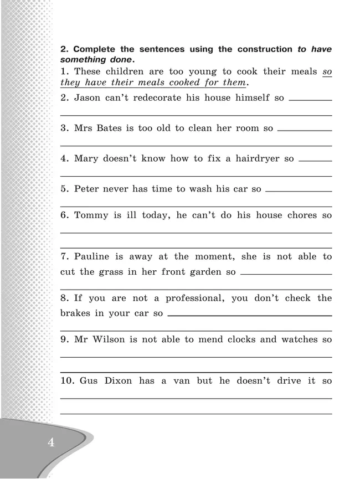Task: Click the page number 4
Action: point(50,443)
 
